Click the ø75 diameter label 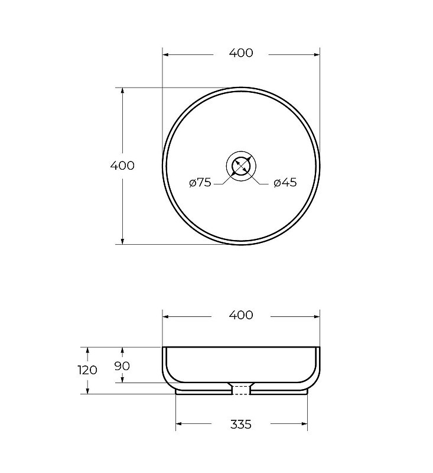click(200, 183)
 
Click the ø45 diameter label click(285, 183)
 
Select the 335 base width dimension click(241, 425)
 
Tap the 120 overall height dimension click(87, 370)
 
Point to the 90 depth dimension click(122, 366)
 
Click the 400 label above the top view click(241, 53)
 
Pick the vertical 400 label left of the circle click(122, 166)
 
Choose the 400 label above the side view click(241, 315)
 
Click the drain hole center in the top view click(241, 166)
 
